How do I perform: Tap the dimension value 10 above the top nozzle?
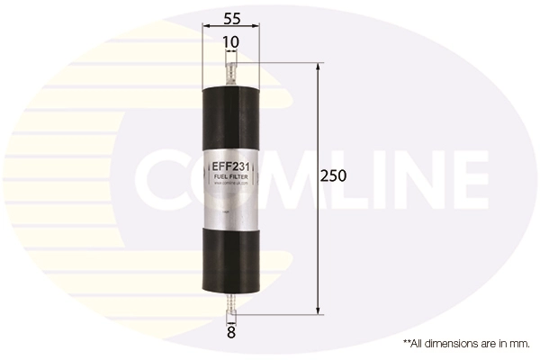coord(232,41)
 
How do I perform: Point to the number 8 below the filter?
coord(231,333)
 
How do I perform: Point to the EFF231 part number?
coord(232,166)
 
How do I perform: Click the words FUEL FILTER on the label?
coord(232,177)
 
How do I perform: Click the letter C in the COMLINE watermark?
coord(162,180)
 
